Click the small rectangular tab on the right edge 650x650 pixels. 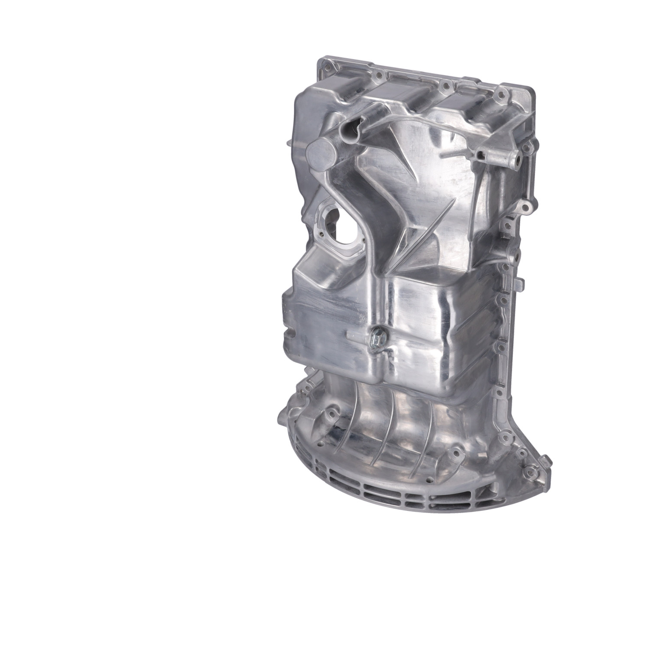point(519,284)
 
